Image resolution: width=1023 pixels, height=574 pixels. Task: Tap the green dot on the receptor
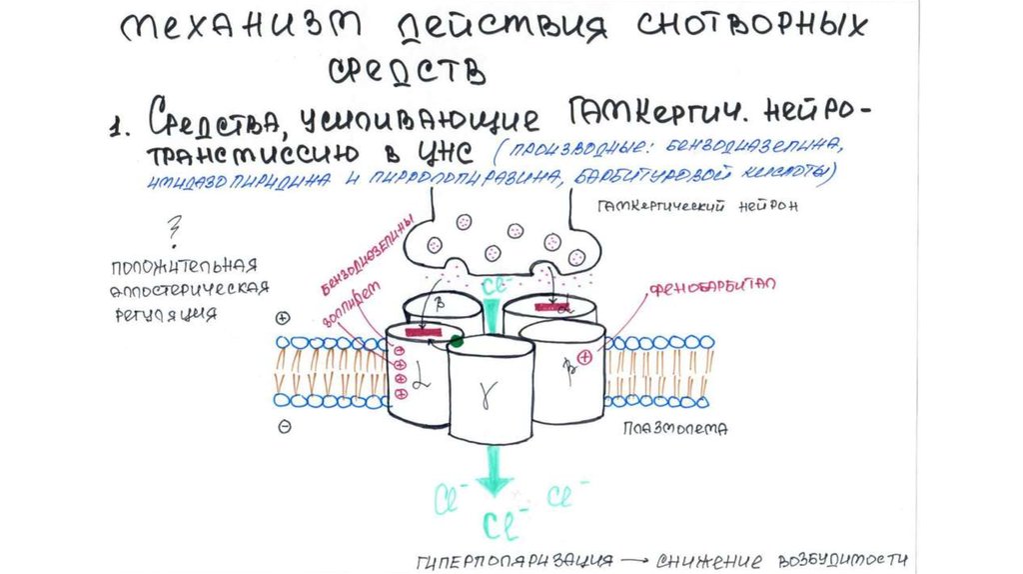click(x=457, y=341)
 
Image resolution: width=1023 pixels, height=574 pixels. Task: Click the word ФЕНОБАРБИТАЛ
click(x=712, y=287)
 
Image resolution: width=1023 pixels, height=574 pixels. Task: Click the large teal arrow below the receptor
click(x=492, y=469)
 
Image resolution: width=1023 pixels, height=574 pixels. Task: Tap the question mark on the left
click(x=176, y=232)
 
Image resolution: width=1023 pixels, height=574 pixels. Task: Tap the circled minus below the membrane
click(x=284, y=425)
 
